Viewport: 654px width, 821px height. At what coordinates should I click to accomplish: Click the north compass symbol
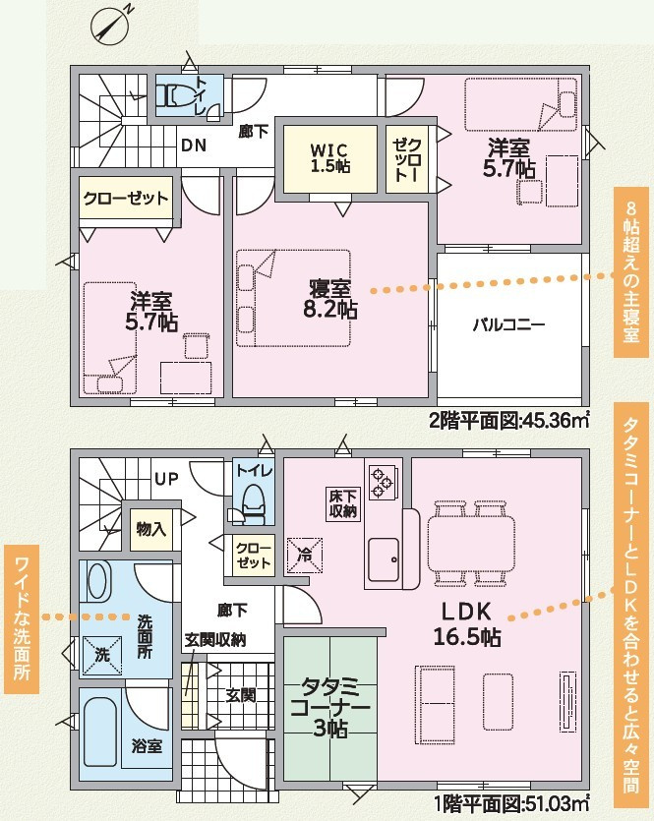109,27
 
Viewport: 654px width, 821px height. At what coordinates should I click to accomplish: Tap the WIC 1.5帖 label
330,158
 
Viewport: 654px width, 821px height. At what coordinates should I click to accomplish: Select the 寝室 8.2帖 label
329,299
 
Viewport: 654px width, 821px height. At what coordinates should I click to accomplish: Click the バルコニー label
509,324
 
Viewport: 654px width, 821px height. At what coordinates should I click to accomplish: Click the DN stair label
194,146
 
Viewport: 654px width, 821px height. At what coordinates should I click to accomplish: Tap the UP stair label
166,479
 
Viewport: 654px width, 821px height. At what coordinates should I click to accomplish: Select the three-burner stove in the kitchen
381,482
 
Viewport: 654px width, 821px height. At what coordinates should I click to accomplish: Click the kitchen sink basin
384,559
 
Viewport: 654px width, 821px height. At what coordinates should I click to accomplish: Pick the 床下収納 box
343,503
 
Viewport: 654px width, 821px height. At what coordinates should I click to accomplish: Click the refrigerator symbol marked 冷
304,555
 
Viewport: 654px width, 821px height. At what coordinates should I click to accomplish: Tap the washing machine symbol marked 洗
102,655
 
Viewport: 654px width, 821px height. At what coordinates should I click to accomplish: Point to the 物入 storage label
150,529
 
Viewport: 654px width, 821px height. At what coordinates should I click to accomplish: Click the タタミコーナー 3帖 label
329,707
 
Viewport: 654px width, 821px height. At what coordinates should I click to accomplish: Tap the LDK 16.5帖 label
466,623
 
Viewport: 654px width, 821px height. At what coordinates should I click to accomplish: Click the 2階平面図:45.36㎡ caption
508,420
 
